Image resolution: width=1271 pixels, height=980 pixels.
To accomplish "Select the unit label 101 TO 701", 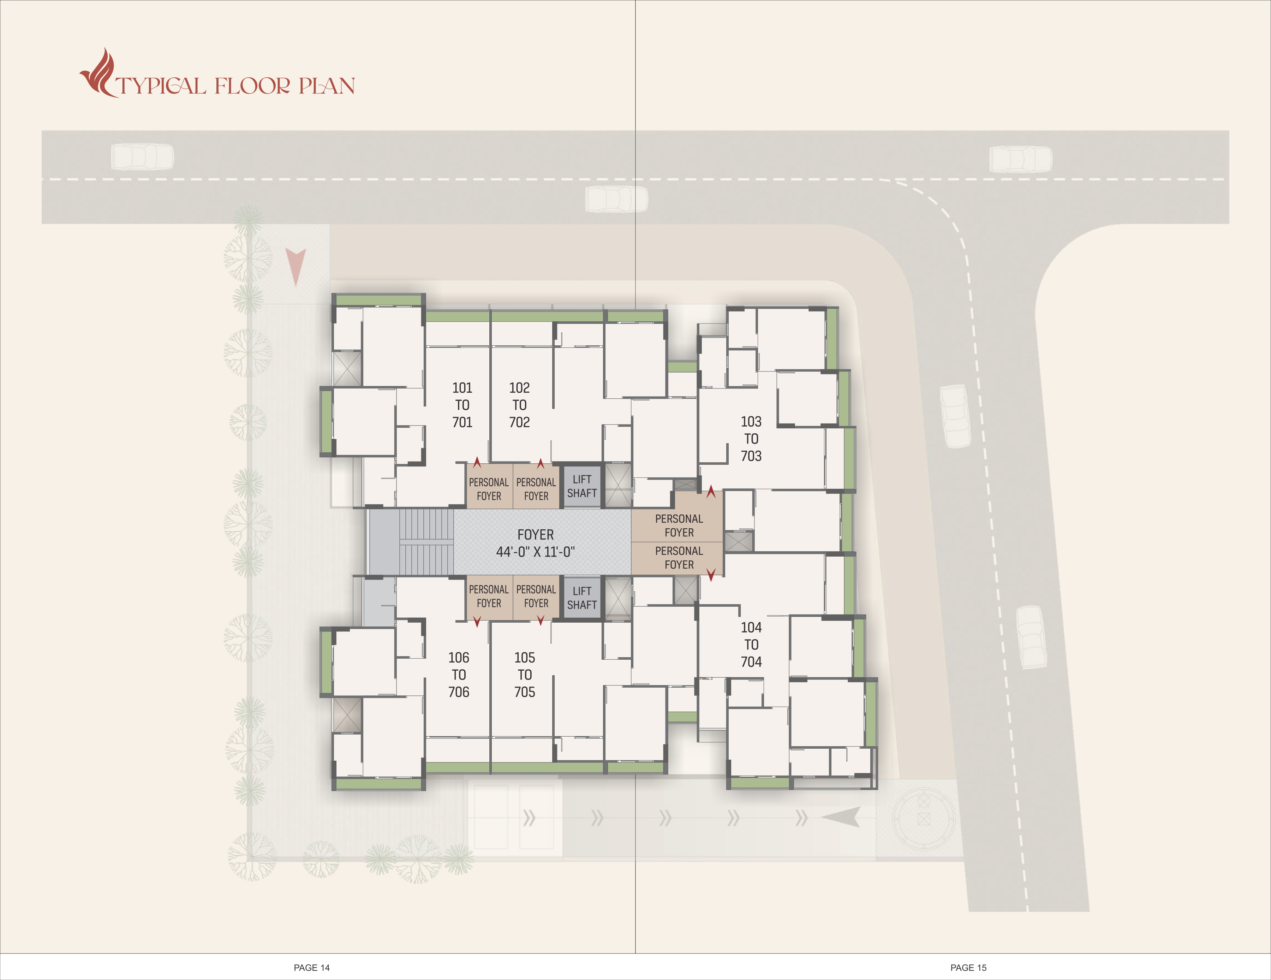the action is [x=462, y=405].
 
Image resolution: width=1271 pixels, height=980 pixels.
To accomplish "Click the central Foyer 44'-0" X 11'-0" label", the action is [x=535, y=543].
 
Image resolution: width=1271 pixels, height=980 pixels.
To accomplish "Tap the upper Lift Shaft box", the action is [x=582, y=486].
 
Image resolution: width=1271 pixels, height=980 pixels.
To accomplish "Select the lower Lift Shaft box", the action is [x=582, y=598].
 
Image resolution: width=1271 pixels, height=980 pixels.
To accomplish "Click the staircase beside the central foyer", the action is [x=426, y=542].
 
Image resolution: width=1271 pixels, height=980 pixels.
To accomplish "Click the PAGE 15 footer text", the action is [x=968, y=968].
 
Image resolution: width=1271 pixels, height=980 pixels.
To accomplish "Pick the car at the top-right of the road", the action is [x=1021, y=159].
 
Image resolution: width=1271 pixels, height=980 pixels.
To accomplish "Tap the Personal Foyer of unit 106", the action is [x=489, y=596].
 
